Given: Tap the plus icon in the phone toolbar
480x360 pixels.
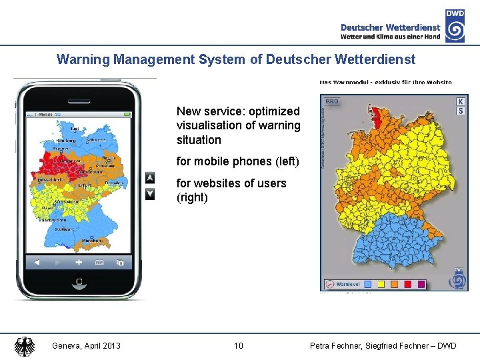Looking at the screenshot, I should pos(79,262).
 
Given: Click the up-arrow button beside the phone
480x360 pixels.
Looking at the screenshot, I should pos(150,178).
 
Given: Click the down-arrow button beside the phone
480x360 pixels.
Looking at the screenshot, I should pos(150,193).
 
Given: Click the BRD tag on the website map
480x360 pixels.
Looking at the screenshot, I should pos(331,102).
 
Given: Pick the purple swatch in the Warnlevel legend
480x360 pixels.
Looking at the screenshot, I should pos(421,284).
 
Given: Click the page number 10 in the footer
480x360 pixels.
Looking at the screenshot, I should pos(239,345).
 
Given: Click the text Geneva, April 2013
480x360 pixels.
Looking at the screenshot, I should pos(87,345).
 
